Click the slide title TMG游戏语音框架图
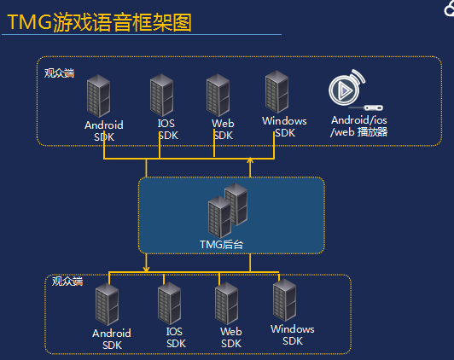pyautogui.click(x=99, y=22)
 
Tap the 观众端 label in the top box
pyautogui.click(x=60, y=73)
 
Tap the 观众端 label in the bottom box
pyautogui.click(x=67, y=281)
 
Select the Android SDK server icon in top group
pyautogui.click(x=98, y=96)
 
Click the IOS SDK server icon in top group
pyautogui.click(x=161, y=95)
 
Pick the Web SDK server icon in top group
pyautogui.click(x=218, y=95)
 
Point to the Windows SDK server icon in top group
pyautogui.click(x=276, y=92)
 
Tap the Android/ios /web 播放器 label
pyautogui.click(x=358, y=126)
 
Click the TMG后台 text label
pyautogui.click(x=222, y=245)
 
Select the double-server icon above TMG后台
pyautogui.click(x=228, y=211)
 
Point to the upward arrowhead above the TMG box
pyautogui.click(x=250, y=160)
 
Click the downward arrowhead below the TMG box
pyautogui.click(x=146, y=269)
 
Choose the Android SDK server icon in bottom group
pyautogui.click(x=108, y=305)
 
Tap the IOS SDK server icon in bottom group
pyautogui.click(x=169, y=304)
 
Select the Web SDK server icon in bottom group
pyautogui.click(x=227, y=304)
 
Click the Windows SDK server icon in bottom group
pyautogui.click(x=285, y=300)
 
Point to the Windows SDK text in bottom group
pyautogui.click(x=293, y=335)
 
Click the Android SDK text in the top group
pyautogui.click(x=104, y=131)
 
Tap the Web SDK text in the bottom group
pyautogui.click(x=231, y=338)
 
